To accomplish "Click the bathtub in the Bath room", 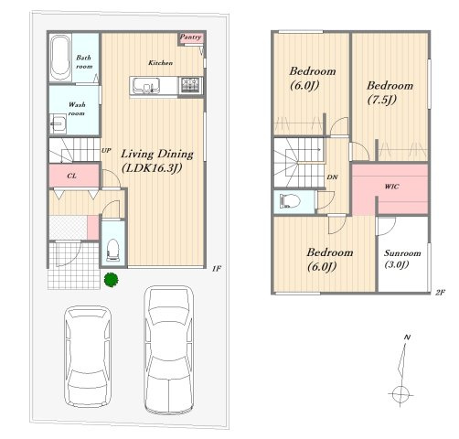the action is (60, 58).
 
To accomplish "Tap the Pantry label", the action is (190, 37).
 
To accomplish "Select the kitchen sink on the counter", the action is (145, 85).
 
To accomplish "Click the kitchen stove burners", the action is (190, 85).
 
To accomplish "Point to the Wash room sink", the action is (58, 123).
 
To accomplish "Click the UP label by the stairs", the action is (106, 150).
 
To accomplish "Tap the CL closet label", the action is (72, 176).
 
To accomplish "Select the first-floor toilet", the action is (112, 250).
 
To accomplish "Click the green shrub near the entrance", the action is (111, 280).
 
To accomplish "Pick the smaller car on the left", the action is (88, 356).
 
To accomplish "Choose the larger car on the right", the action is (169, 348).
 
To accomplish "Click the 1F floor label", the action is (217, 269).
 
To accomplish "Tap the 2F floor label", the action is (440, 293).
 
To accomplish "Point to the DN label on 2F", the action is (332, 177).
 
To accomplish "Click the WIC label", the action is (391, 187).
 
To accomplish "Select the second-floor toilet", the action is (290, 201).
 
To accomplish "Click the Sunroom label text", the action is (402, 253).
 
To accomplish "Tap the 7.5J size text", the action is (382, 100).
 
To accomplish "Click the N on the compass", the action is (407, 337).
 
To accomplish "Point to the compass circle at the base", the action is (400, 394).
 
